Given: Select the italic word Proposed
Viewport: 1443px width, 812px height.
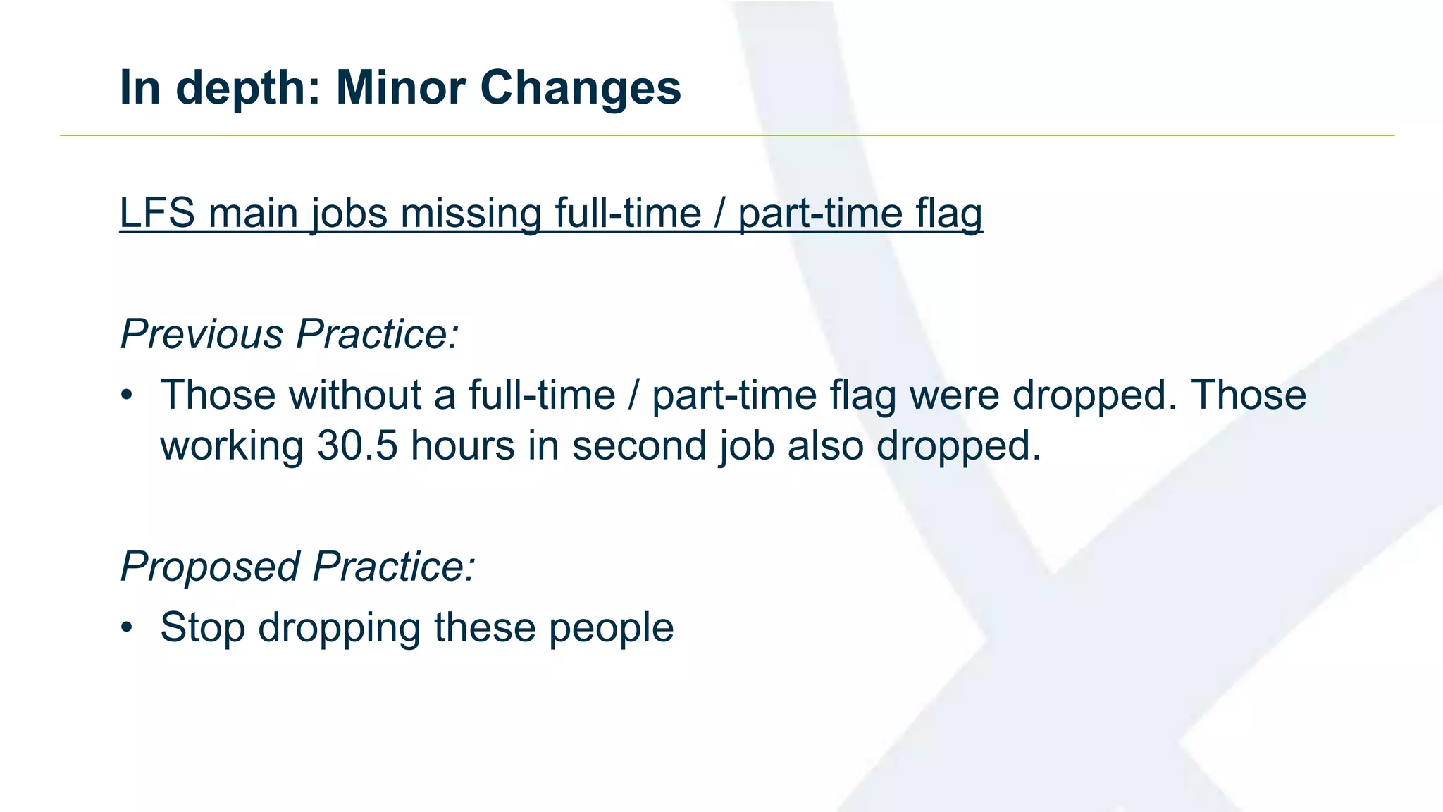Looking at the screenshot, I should [x=210, y=566].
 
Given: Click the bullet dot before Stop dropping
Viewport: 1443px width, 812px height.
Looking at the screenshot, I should [x=126, y=627].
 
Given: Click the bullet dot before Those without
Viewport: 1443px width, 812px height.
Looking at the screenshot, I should [x=126, y=395].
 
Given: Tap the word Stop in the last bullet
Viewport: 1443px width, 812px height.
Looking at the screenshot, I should [x=202, y=627].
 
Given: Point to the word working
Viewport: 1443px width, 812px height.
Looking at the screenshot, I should [x=232, y=445].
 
